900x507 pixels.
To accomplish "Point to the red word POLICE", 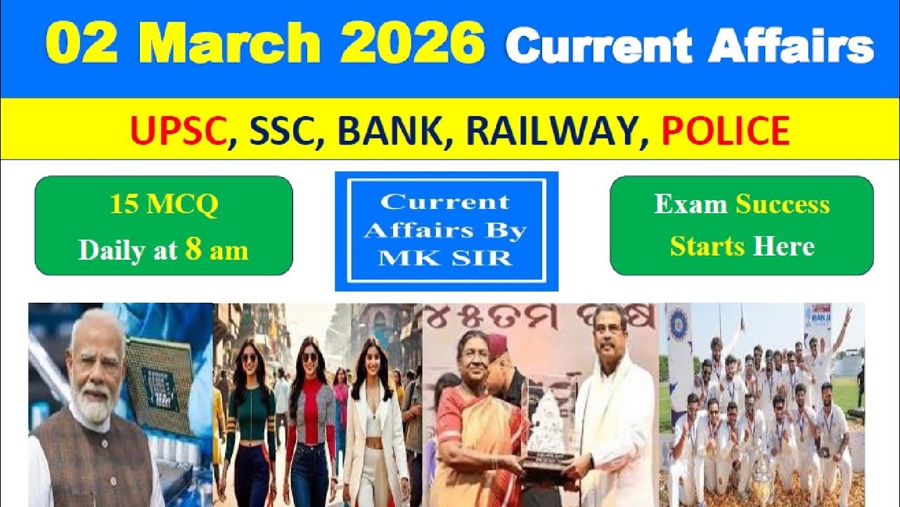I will point(725,130).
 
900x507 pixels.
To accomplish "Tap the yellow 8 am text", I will point(217,250).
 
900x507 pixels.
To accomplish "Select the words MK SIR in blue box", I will point(446,257).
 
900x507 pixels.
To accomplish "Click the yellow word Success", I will point(783,204).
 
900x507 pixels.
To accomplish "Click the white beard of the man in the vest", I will point(94,404).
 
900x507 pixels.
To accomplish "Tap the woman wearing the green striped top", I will point(250,415).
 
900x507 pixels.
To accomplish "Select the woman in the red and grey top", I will point(310,415).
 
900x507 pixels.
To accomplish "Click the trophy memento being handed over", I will point(549,423).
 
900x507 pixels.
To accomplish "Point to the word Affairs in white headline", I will point(791,48).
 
